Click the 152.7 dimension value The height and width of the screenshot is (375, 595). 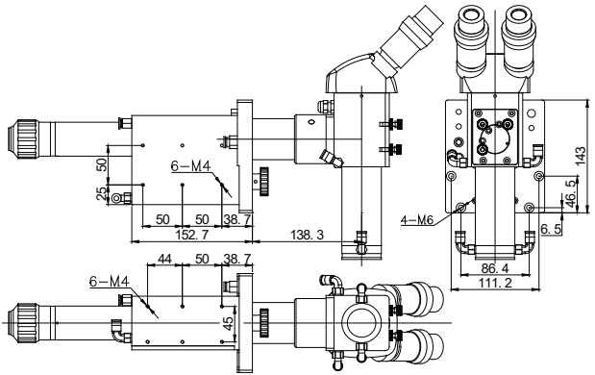[x=192, y=236]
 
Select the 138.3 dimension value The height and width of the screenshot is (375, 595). [x=308, y=235]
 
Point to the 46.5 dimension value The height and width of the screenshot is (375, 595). [x=570, y=193]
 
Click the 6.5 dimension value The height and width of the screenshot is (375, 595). [x=551, y=229]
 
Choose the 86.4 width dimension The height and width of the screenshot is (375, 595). [x=495, y=268]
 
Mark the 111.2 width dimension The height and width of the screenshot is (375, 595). [x=495, y=283]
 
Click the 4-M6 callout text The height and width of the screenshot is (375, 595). [x=417, y=220]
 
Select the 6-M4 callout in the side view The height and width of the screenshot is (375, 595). [x=190, y=165]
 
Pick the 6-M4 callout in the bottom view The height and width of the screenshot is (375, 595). [x=110, y=281]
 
